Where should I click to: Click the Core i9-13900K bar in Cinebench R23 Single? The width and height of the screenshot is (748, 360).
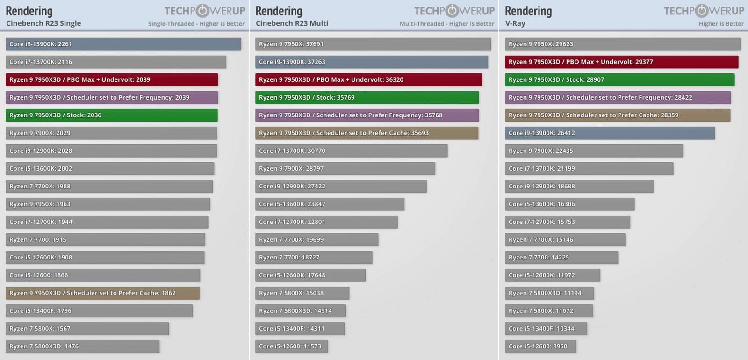point(123,44)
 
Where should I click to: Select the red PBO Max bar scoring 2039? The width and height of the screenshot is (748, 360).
point(112,79)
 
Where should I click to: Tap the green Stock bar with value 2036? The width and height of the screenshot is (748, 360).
point(112,115)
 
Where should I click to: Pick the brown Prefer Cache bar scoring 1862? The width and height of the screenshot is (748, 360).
point(102,293)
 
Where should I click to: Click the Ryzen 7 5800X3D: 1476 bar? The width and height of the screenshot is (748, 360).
point(82,346)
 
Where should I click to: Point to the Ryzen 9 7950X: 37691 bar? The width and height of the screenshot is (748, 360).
point(373,44)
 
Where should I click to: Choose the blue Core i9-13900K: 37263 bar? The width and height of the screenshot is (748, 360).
point(371,62)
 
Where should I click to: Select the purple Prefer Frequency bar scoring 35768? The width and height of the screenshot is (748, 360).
point(367,115)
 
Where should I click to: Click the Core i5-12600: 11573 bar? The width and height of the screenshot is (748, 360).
point(291,346)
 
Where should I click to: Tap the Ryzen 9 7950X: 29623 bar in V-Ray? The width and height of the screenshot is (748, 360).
point(622,44)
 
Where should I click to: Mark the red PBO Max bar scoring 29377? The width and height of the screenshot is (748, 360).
point(621,62)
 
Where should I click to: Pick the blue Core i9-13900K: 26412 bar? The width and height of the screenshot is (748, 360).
point(610,133)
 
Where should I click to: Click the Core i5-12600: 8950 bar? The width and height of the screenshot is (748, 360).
point(540,346)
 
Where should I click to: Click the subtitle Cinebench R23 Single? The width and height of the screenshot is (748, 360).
point(43,23)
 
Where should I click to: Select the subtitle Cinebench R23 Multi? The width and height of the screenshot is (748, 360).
point(292,23)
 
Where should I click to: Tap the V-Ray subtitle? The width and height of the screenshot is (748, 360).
point(515,23)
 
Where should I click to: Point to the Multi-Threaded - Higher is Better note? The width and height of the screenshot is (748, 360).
point(446,24)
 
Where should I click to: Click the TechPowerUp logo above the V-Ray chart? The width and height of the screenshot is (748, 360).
point(704,11)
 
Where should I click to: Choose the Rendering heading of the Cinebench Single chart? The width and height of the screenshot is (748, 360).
point(29,11)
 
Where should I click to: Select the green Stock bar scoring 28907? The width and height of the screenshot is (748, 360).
point(619,79)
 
